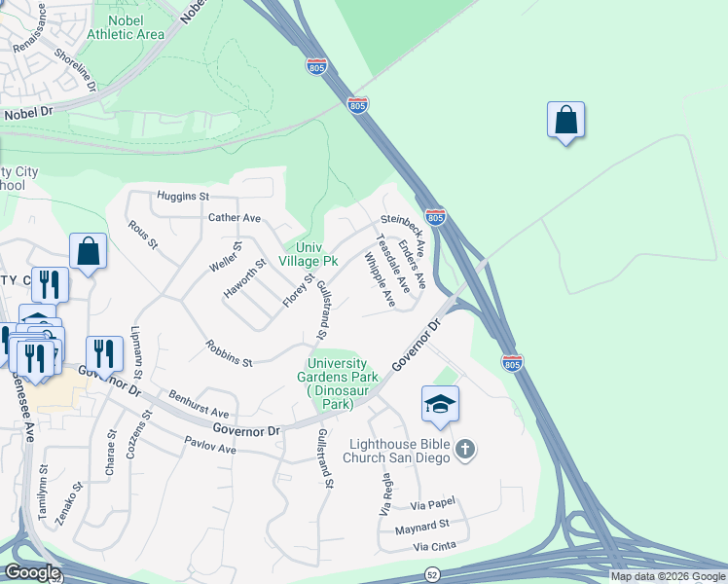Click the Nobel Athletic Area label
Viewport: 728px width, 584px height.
(126, 26)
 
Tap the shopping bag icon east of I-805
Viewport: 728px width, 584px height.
(565, 122)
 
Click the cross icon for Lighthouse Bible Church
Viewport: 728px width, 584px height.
(465, 450)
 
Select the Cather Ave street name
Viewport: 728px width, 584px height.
(235, 218)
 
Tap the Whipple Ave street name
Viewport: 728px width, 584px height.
(380, 279)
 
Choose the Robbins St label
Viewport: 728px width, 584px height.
(229, 353)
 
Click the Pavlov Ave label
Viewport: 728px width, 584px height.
(210, 449)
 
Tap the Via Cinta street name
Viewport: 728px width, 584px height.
(434, 547)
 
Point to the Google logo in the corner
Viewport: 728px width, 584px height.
(32, 572)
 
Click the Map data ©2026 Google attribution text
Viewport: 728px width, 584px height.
(668, 576)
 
